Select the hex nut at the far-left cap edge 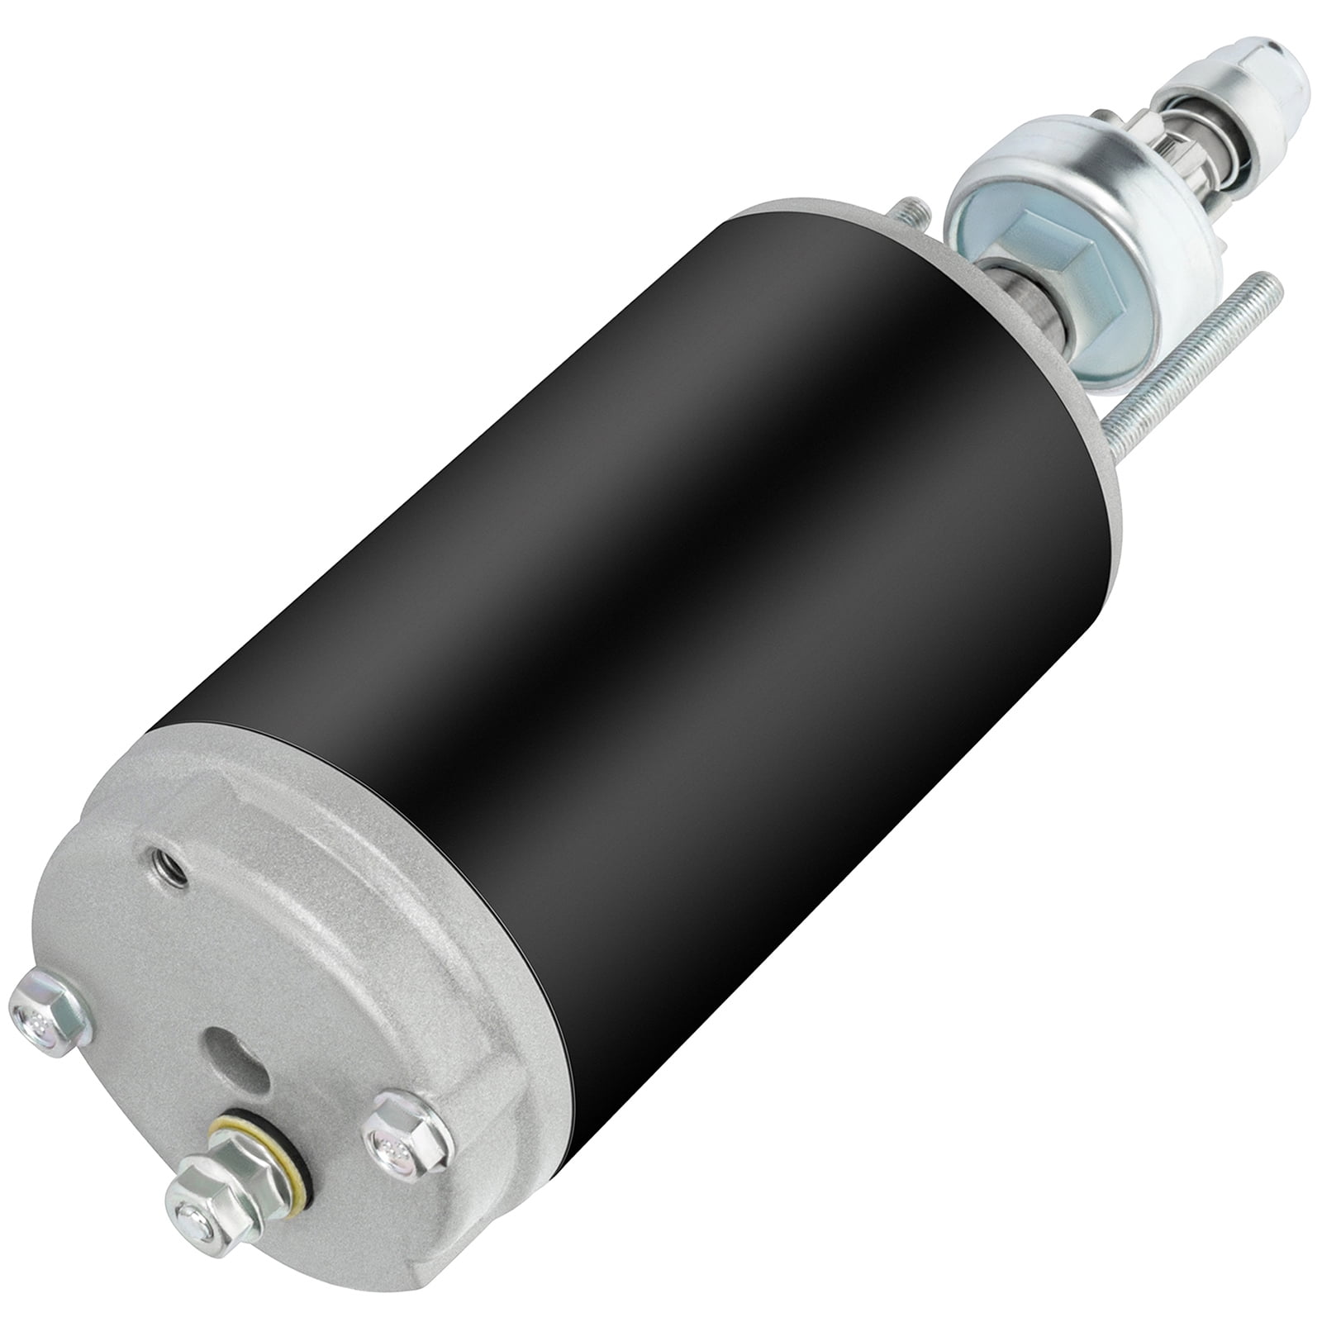(x=47, y=1019)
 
